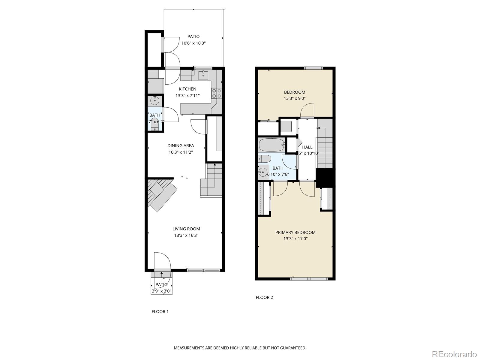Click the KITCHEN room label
pos(187,89)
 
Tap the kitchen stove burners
pos(217,93)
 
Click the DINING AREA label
pos(181,145)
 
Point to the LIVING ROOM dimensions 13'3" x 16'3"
pos(186,235)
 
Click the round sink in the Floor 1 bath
pos(155,100)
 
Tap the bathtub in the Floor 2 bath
pos(271,145)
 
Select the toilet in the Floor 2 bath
pos(265,158)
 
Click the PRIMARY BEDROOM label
pos(295,232)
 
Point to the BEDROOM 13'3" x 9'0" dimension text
pos(295,98)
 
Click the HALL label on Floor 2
pos(307,147)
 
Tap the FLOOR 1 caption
pos(160,311)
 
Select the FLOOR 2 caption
pos(264,297)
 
